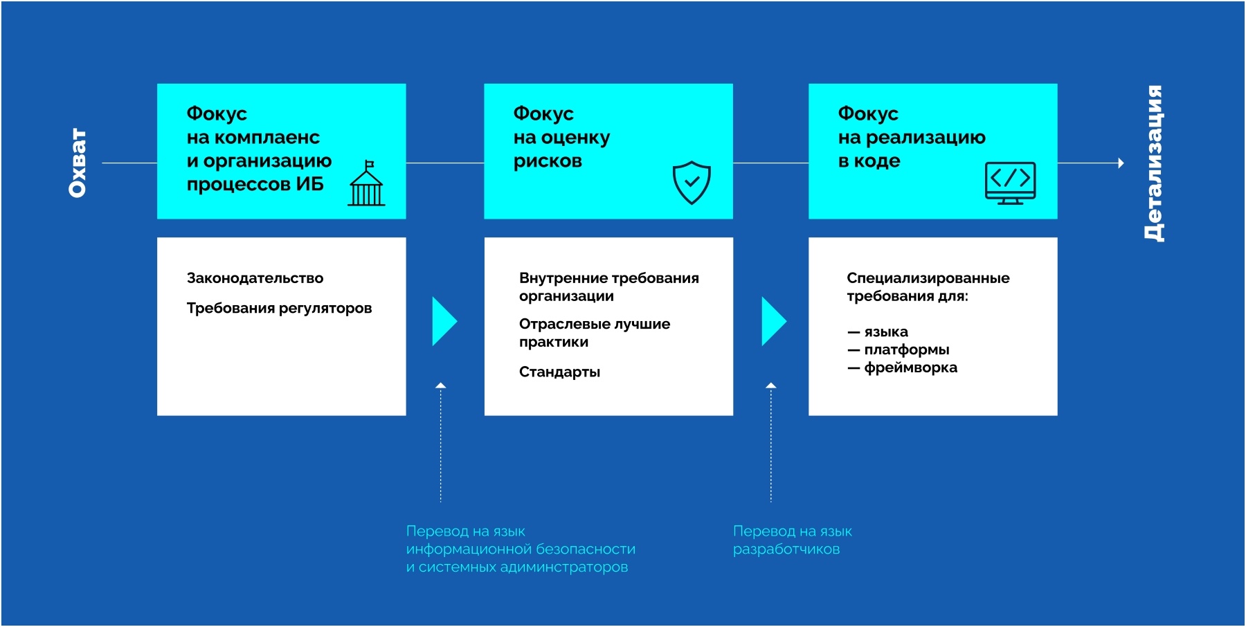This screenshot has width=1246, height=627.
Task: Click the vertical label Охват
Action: pos(78,163)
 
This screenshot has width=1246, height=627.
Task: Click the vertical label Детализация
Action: pos(1153,163)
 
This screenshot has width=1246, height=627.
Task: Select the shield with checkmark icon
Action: pos(692,183)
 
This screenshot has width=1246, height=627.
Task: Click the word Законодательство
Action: pos(255,278)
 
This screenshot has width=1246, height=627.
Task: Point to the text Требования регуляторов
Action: pos(279,308)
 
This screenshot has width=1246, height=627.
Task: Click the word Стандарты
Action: pos(559,372)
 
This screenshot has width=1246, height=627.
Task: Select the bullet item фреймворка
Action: pos(903,367)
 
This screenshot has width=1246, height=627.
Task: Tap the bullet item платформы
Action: pos(899,349)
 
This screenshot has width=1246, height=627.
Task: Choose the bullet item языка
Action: pos(878,331)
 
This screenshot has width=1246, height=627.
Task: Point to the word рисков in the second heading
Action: pos(548,161)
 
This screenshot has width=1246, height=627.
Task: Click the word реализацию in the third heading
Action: pos(926,138)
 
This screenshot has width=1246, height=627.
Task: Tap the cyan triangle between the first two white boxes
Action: pos(444,321)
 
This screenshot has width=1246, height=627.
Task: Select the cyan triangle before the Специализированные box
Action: pos(774,321)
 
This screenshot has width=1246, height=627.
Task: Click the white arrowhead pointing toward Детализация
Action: pos(1121,163)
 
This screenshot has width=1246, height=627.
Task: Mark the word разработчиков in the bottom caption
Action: pos(786,549)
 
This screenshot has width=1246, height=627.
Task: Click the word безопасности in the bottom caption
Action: pos(586,549)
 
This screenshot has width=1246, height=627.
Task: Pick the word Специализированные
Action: pos(928,278)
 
